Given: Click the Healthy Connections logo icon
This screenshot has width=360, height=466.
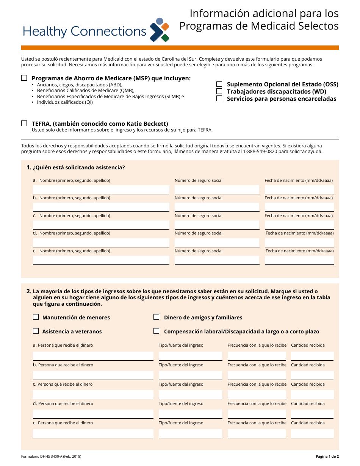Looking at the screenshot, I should click(160, 30).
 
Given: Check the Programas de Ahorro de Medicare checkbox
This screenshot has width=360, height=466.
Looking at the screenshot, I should click(24, 78).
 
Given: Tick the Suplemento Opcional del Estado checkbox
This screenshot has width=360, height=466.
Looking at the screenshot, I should click(219, 84).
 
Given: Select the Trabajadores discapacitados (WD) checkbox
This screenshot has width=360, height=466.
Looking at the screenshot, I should click(219, 91).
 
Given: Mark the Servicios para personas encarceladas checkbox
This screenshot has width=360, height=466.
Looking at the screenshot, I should click(219, 99).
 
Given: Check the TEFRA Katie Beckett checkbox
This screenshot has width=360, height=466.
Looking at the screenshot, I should click(24, 124).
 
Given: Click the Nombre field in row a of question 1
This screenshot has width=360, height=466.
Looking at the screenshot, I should click(101, 189).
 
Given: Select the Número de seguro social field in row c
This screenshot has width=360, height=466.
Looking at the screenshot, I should click(217, 225).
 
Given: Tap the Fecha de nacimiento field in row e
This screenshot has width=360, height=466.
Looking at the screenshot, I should click(299, 260).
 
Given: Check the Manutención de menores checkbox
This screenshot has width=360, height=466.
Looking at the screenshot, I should click(36, 317).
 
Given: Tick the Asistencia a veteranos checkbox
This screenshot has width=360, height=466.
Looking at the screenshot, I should click(36, 331).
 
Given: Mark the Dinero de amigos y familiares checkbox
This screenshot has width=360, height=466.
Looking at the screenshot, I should click(156, 317).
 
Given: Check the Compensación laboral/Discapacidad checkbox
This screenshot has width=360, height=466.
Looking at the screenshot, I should click(156, 331).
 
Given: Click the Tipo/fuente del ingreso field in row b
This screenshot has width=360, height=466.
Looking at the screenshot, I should click(190, 375).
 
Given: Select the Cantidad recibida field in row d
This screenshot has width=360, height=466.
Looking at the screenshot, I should click(312, 414).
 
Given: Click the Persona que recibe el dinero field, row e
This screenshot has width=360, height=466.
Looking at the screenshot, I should click(93, 433).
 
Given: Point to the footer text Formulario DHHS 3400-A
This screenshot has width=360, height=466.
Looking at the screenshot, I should click(51, 457).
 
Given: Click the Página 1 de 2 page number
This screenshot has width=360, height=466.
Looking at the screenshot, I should click(327, 457).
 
